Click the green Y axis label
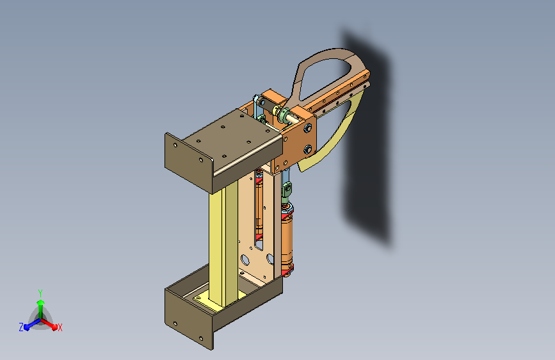40,293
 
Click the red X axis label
60,328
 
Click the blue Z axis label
21,327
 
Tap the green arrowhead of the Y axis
41,302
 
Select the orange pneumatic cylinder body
287,241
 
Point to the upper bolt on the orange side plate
308,127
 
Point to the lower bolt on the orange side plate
308,149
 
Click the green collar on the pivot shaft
284,115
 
